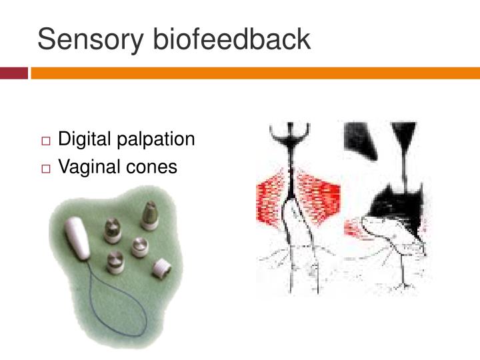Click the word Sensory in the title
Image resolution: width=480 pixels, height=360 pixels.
(x=91, y=39)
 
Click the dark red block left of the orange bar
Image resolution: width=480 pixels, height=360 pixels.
(x=14, y=72)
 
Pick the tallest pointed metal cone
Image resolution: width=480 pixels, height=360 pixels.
(x=149, y=215)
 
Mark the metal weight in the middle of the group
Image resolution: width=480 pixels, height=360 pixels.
(x=139, y=246)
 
